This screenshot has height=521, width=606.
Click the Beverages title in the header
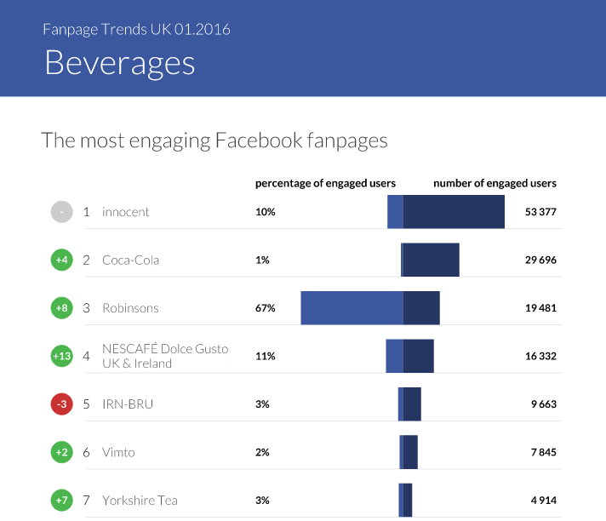[x=120, y=64]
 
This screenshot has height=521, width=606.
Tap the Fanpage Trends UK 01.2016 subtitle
[x=136, y=30]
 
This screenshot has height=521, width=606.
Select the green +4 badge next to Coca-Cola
[x=61, y=260]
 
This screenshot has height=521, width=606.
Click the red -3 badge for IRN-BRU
[x=61, y=404]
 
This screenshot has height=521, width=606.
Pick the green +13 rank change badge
[x=61, y=357]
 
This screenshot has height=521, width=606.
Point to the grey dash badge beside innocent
[x=61, y=212]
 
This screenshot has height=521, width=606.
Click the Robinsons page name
[x=130, y=308]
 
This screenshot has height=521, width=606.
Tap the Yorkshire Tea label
[x=140, y=501]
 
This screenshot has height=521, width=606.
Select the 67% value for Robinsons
[x=265, y=308]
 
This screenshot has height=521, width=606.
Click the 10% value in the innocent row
[x=265, y=212]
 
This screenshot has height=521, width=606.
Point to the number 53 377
[x=540, y=212]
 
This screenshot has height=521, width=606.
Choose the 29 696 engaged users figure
[x=540, y=260]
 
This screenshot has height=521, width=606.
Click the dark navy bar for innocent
[x=454, y=212]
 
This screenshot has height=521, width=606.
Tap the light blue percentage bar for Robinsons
[x=352, y=308]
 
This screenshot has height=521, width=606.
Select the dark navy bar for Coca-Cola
[x=431, y=260]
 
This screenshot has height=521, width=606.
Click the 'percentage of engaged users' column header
[x=325, y=183]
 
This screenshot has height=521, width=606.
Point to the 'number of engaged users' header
[x=495, y=183]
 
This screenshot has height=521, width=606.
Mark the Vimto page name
[x=118, y=453]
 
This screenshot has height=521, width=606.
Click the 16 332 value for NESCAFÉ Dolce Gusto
[x=540, y=357]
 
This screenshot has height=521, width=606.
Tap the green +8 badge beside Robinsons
[x=61, y=308]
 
